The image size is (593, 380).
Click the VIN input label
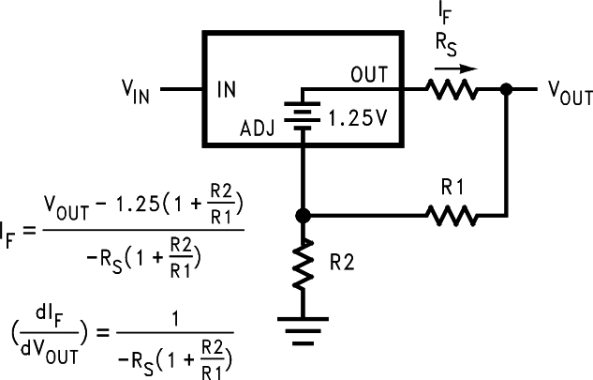pyautogui.click(x=137, y=91)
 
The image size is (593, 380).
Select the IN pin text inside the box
pyautogui.click(x=227, y=90)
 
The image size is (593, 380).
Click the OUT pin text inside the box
pyautogui.click(x=369, y=73)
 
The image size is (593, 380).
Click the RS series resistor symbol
pyautogui.click(x=452, y=90)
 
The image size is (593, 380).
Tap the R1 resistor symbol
pyautogui.click(x=452, y=216)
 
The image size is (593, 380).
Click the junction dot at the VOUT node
pyautogui.click(x=506, y=90)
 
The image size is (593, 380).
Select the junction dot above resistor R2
pyautogui.click(x=303, y=216)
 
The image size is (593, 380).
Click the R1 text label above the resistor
pyautogui.click(x=453, y=188)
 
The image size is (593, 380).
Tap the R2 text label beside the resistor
pyautogui.click(x=343, y=265)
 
